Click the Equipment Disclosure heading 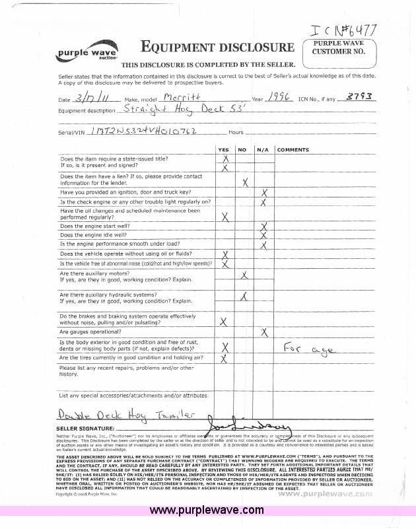point(217,47)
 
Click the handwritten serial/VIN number point(145,131)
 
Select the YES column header point(224,150)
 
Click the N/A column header point(262,150)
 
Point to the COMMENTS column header point(293,150)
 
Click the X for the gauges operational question point(264,332)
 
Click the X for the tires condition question point(225,358)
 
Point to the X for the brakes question point(225,321)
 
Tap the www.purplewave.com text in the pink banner point(207,510)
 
